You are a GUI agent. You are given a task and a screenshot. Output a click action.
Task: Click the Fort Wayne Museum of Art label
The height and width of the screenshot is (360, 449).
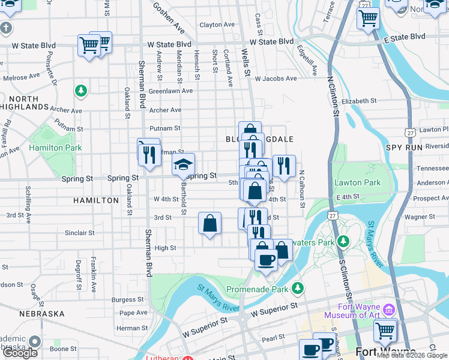(352, 310)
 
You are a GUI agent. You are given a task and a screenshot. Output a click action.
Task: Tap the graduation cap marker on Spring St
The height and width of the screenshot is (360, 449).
(184, 164)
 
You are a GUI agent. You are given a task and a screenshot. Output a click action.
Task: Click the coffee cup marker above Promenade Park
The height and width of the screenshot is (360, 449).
(266, 260)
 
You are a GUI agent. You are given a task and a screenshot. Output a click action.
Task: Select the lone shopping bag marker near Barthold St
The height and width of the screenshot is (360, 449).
(210, 223)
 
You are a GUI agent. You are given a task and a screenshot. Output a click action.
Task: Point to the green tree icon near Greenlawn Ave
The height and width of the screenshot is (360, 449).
(80, 91)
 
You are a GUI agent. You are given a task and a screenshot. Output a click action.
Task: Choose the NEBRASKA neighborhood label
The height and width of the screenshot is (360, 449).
(41, 314)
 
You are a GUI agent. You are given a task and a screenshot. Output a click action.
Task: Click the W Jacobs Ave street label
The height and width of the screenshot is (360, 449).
(277, 79)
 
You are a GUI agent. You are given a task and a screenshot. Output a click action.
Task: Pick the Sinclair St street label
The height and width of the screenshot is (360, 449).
(79, 233)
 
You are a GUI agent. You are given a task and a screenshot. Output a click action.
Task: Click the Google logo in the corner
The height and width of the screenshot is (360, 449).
(20, 353)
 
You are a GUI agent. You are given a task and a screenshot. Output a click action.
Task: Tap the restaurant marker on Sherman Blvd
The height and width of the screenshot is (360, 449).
(148, 155)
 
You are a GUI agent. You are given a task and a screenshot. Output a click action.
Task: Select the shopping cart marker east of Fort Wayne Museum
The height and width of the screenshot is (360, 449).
(385, 330)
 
